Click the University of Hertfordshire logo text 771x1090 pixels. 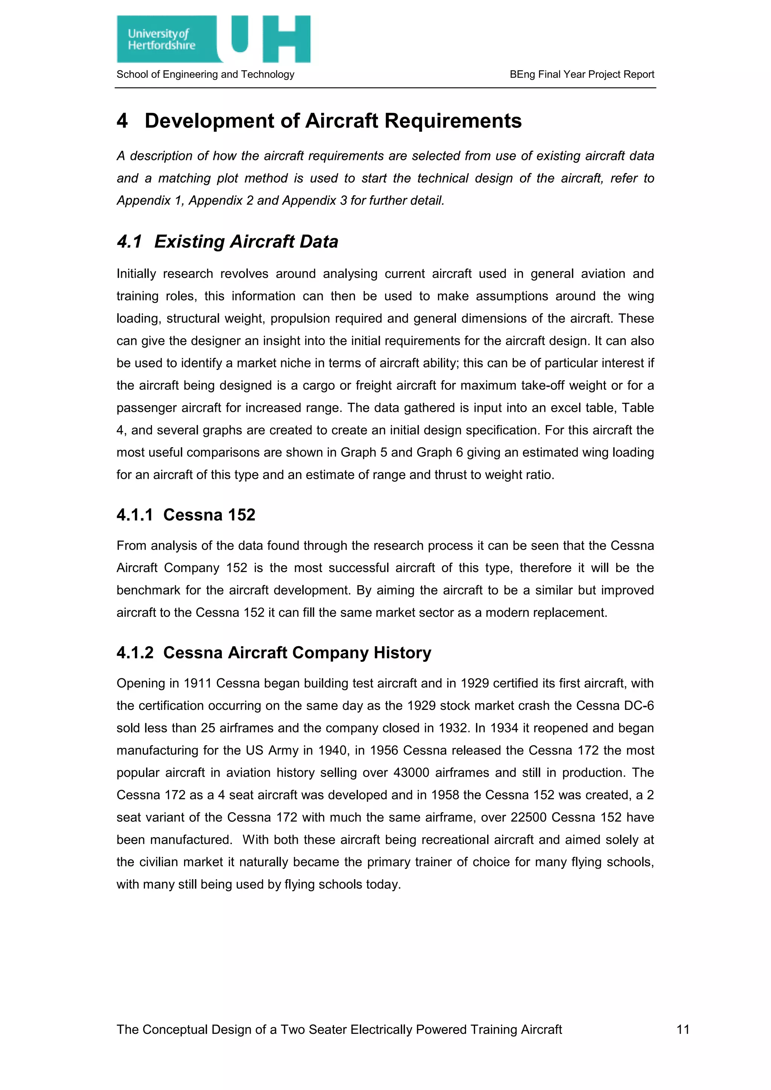coord(161,40)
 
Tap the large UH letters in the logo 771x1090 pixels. coord(271,38)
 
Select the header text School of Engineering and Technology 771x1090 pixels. coord(205,75)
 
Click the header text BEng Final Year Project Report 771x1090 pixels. coord(582,75)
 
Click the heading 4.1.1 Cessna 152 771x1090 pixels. coord(186,515)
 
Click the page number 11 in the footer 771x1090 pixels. coord(683,1030)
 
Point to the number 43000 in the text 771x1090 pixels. coord(411,773)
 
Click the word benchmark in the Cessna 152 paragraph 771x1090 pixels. coord(148,591)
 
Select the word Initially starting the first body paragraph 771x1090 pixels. coord(136,274)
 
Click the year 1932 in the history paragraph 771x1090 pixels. coord(454,728)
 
